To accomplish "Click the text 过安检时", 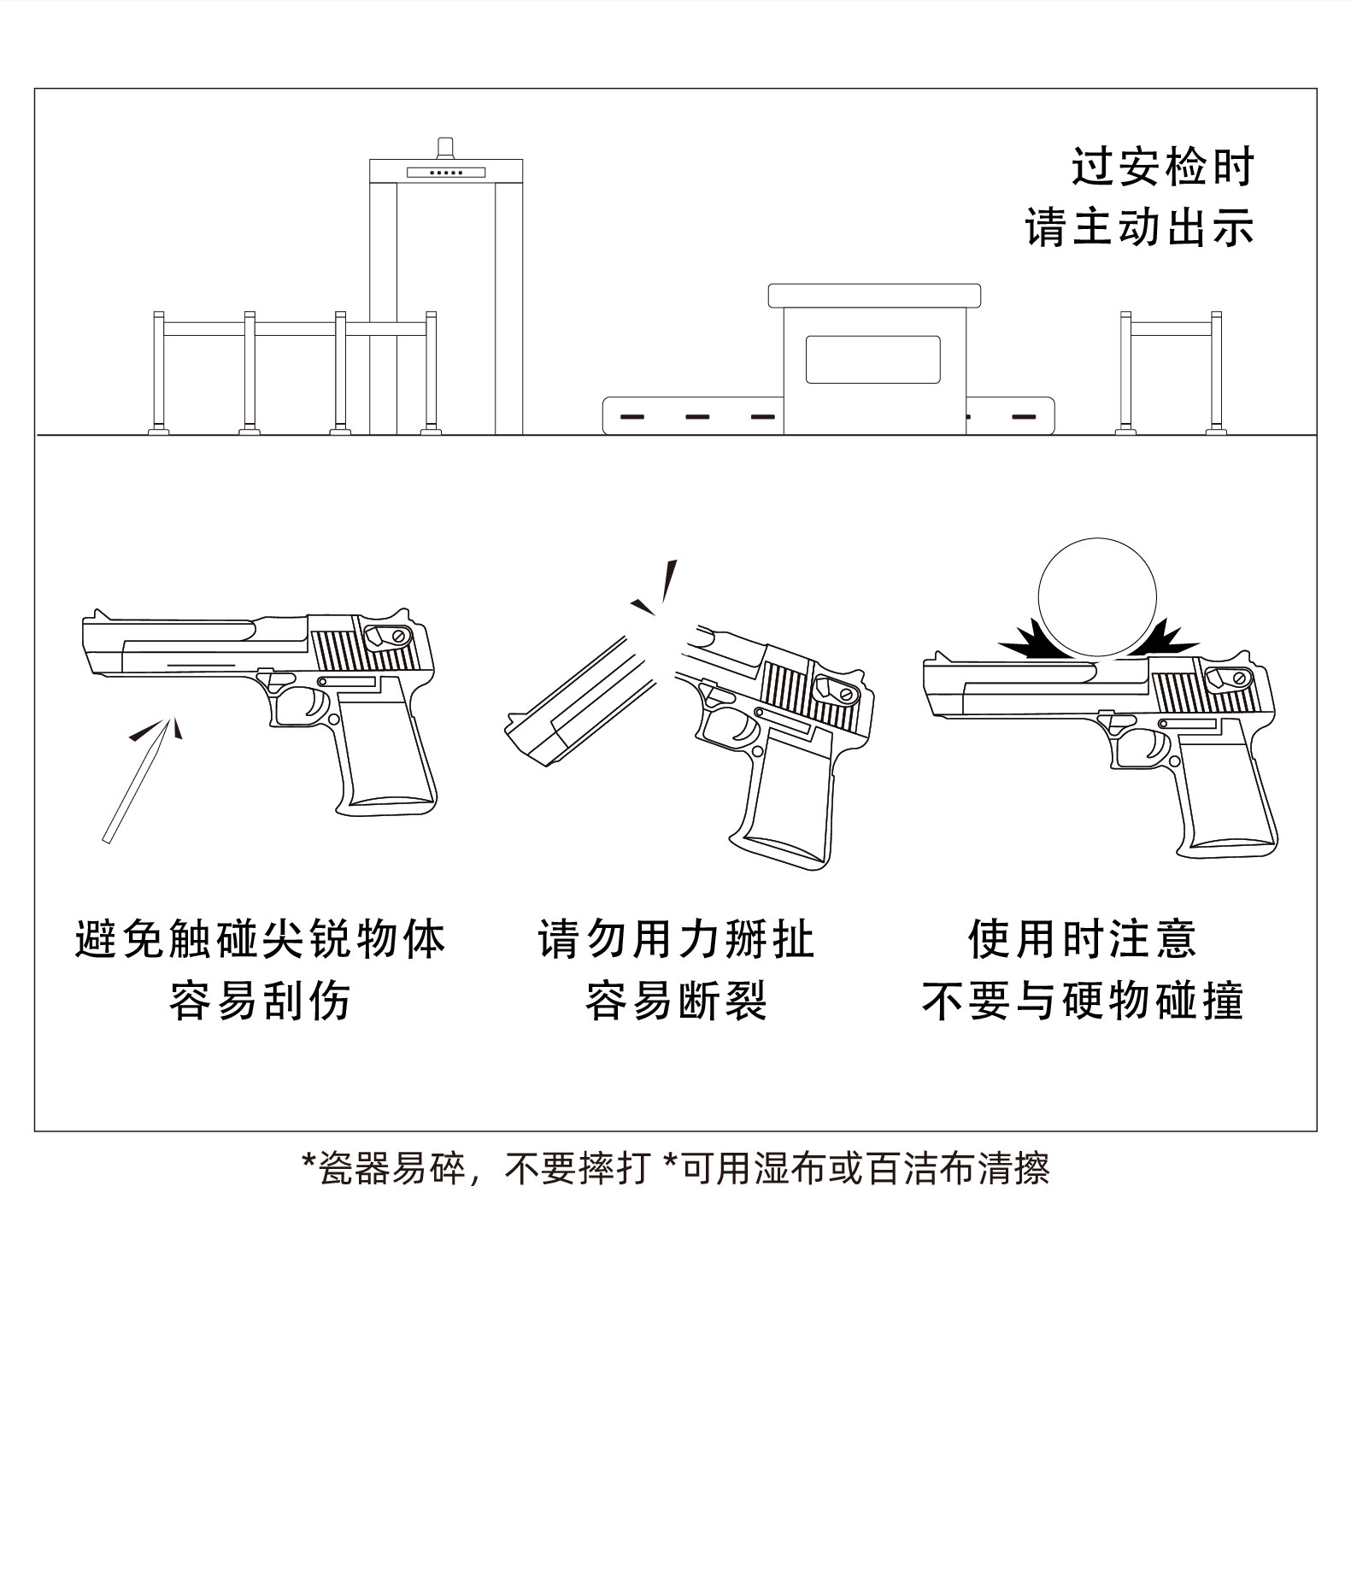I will coord(1162,167).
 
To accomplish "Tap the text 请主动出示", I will coord(1140,227).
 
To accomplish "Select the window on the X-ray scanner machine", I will coord(872,359).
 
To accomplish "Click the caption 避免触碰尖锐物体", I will coord(260,939).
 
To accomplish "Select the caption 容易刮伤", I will coord(260,1001).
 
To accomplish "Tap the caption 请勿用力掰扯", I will coord(676,939).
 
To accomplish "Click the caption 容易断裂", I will coord(676,1001).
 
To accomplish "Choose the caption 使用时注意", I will coord(1082,939).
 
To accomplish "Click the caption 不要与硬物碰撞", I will coord(1082,1001).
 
